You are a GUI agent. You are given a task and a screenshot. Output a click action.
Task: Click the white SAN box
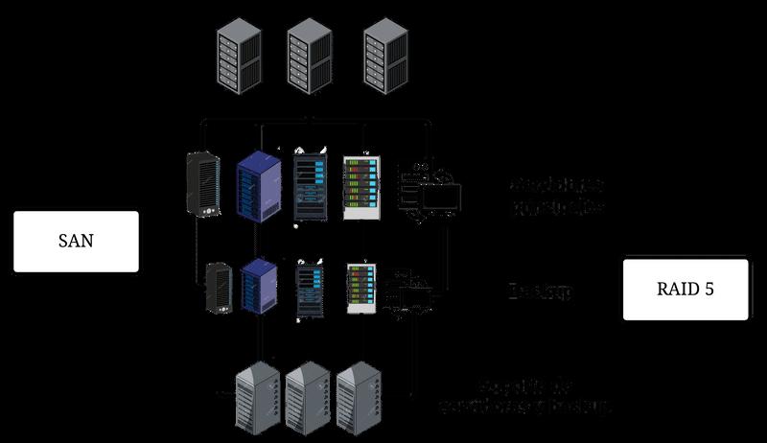tap(76, 241)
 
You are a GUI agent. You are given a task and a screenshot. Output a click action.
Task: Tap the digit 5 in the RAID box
tap(709, 289)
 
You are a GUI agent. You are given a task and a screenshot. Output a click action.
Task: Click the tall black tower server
tap(203, 182)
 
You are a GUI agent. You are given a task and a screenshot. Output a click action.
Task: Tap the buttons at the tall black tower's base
tap(204, 210)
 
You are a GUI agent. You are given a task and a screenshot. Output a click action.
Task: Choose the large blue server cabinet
tap(256, 187)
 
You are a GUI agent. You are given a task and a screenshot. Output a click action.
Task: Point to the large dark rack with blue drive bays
tap(310, 187)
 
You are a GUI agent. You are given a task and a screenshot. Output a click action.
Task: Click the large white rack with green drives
tap(361, 187)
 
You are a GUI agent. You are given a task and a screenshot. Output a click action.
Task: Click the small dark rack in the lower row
tap(311, 288)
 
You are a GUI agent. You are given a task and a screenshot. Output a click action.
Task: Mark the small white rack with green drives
tap(360, 288)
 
